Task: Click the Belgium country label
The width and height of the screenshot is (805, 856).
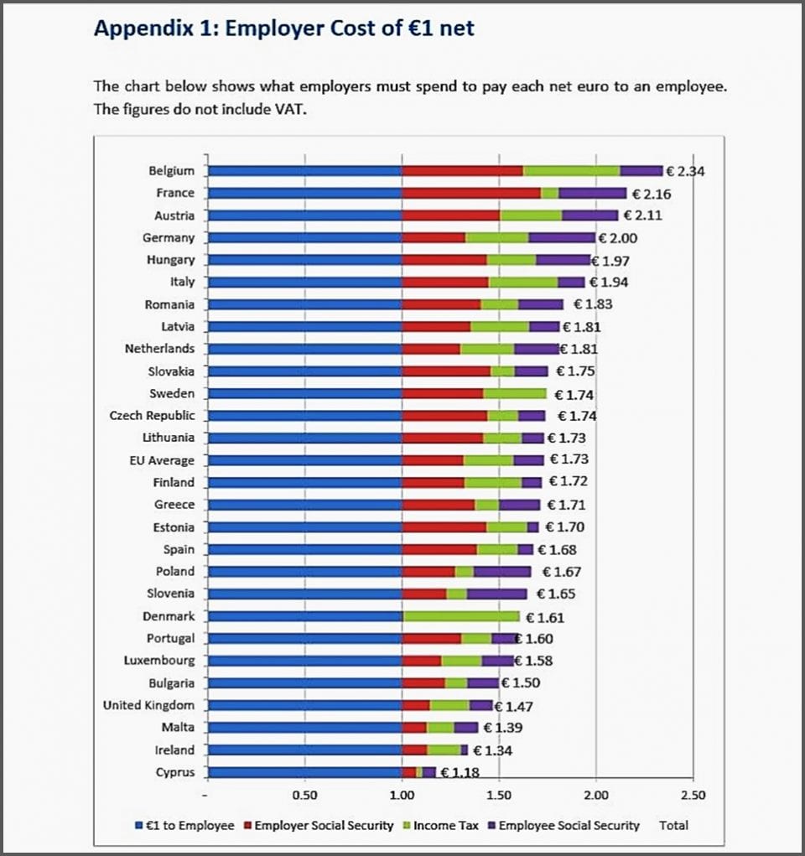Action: pyautogui.click(x=171, y=171)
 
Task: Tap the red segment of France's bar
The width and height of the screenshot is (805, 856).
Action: pyautogui.click(x=470, y=193)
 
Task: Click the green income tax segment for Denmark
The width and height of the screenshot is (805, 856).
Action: pyautogui.click(x=461, y=616)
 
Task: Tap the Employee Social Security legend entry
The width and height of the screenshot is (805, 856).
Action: pyautogui.click(x=569, y=826)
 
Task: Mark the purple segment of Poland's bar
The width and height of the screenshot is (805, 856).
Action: pyautogui.click(x=502, y=572)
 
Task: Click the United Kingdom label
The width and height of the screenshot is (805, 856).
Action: pyautogui.click(x=148, y=705)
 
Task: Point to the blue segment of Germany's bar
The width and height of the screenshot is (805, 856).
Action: pyautogui.click(x=304, y=238)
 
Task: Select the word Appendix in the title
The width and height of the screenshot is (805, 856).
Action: pyautogui.click(x=134, y=29)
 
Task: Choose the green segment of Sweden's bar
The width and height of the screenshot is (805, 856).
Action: pyautogui.click(x=515, y=393)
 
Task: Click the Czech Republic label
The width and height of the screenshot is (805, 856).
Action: pyautogui.click(x=152, y=416)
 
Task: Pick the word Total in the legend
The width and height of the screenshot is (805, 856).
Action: pyautogui.click(x=673, y=826)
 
